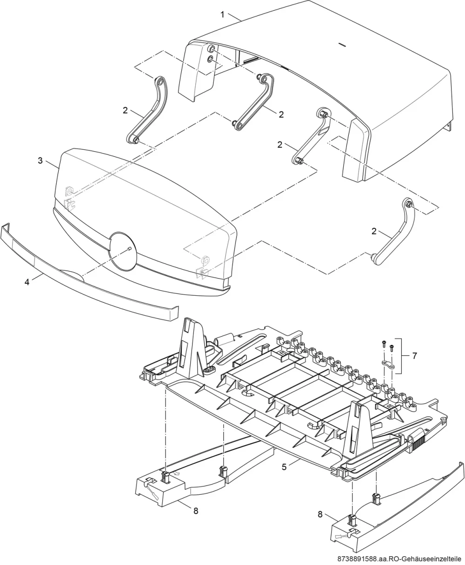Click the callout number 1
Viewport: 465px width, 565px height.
point(222,14)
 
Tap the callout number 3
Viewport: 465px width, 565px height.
point(40,161)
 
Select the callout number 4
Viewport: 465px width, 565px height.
point(27,282)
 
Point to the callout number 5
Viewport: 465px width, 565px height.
point(284,467)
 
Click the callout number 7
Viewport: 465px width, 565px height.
point(415,356)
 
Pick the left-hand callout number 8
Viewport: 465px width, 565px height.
point(196,511)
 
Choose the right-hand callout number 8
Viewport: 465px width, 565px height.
point(320,514)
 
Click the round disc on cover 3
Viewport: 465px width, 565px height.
point(124,251)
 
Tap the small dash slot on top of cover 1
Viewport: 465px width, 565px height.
point(342,45)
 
